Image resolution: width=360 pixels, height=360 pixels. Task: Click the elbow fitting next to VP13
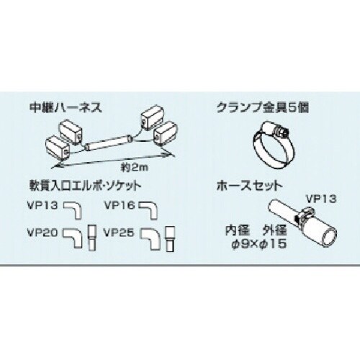tap(75, 210)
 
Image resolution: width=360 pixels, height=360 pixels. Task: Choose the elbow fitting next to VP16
tap(149, 210)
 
